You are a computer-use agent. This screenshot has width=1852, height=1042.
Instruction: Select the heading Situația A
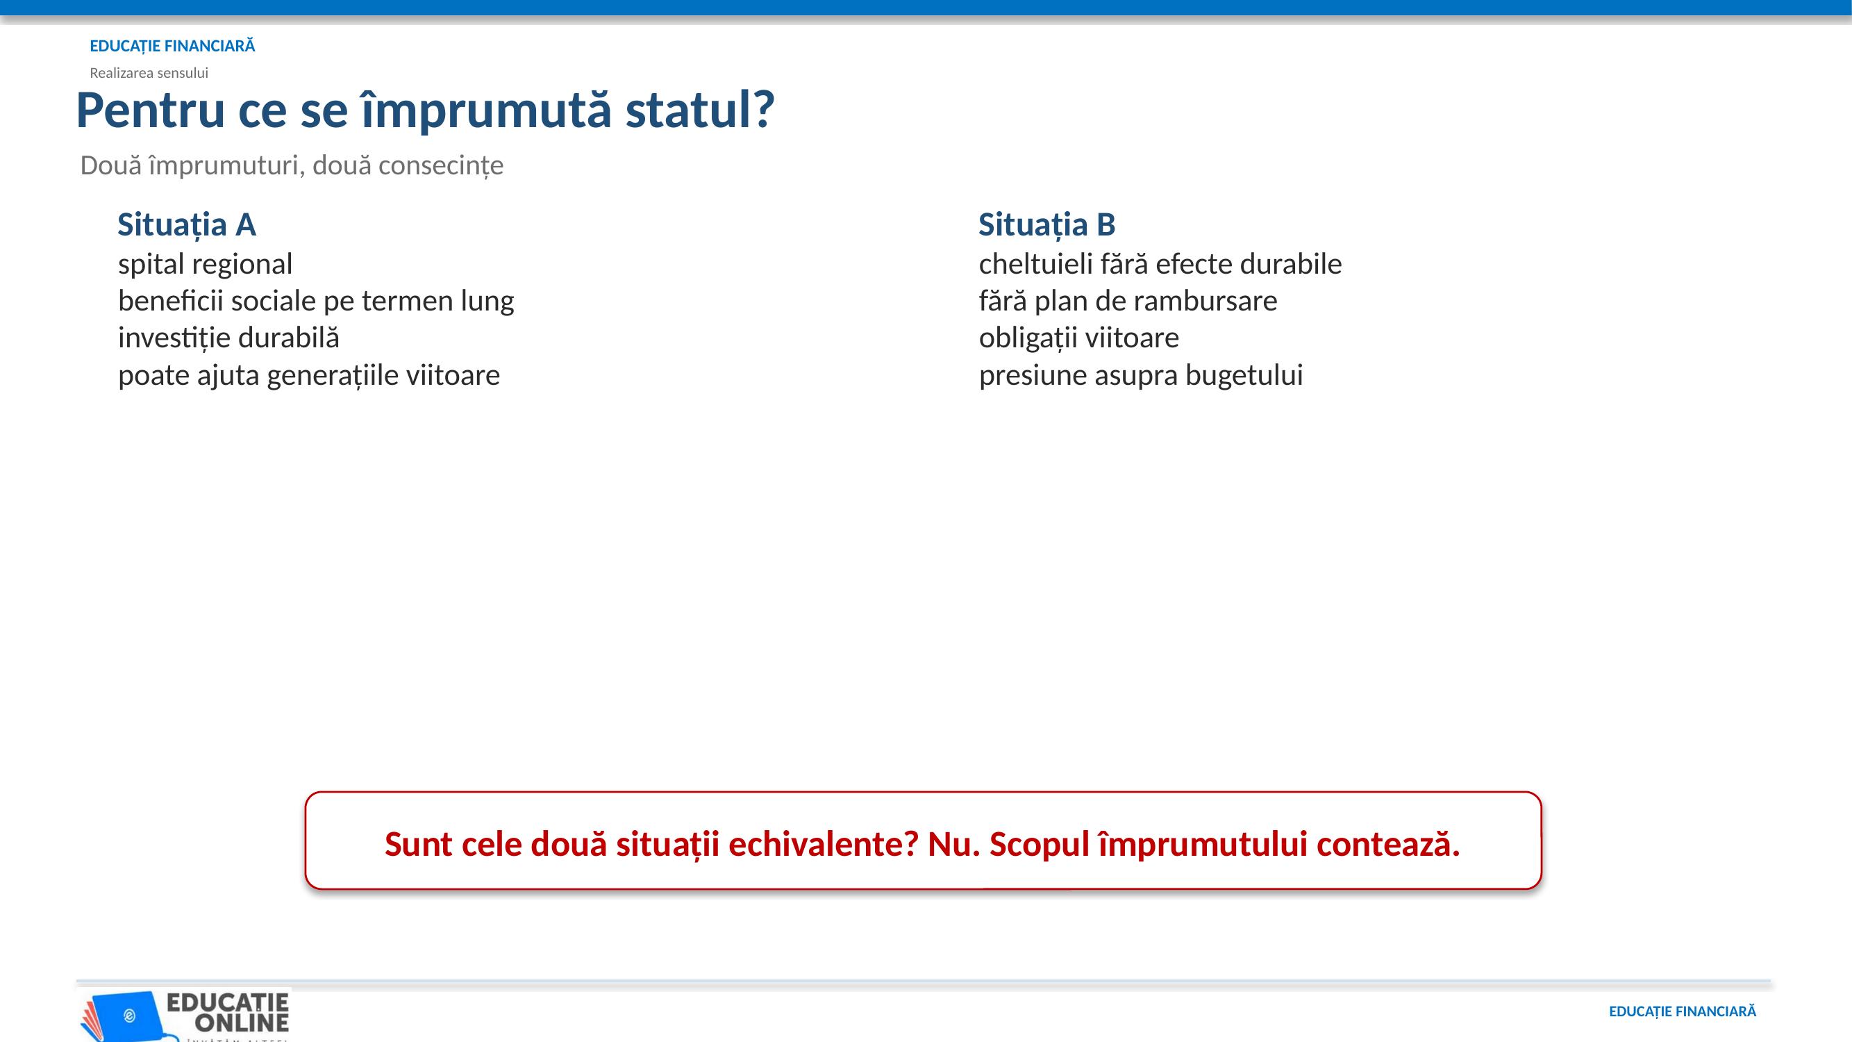(x=187, y=225)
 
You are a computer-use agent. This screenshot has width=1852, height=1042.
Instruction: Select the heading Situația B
(x=1046, y=225)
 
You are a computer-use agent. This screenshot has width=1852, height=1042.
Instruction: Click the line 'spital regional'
(x=205, y=265)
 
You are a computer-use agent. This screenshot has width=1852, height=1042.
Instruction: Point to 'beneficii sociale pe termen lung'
(x=317, y=301)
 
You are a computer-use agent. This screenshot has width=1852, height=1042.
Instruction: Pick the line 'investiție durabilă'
(x=228, y=338)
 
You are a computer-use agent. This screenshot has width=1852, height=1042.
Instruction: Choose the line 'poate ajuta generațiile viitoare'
(x=309, y=375)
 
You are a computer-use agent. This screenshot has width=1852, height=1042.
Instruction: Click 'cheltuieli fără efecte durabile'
(x=1160, y=264)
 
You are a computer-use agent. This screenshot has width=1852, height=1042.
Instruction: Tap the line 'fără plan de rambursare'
(x=1128, y=301)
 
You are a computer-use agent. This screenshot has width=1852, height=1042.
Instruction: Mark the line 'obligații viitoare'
(x=1079, y=338)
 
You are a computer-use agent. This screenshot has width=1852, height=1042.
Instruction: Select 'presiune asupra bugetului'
(x=1141, y=375)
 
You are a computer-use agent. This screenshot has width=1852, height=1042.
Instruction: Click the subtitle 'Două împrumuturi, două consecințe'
(x=292, y=166)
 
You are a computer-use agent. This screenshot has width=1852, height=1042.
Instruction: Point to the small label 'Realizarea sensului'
(x=149, y=73)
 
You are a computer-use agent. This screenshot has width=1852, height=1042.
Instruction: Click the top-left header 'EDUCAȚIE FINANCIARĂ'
(x=172, y=46)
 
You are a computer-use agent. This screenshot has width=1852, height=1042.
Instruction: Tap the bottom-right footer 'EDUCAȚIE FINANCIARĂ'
(x=1683, y=1012)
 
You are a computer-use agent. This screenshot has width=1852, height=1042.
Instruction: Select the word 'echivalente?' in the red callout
(x=823, y=844)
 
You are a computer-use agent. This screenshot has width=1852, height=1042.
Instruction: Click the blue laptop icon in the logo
(x=128, y=1016)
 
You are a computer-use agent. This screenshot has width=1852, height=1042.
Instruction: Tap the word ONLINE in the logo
(x=242, y=1022)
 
